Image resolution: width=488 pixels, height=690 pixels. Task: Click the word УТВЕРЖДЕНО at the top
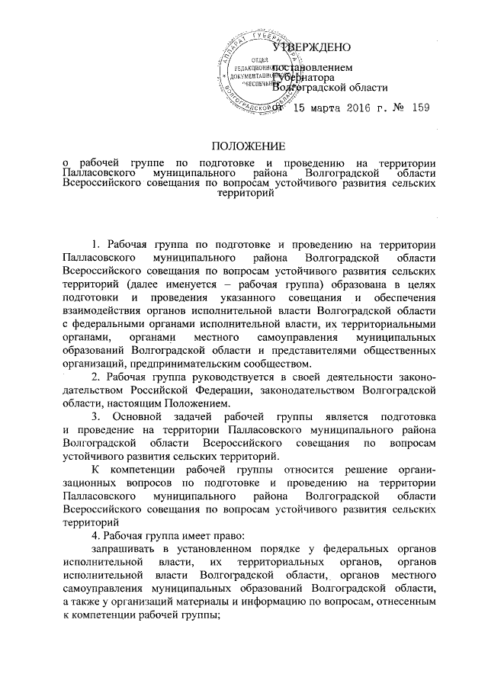pos(307,47)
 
